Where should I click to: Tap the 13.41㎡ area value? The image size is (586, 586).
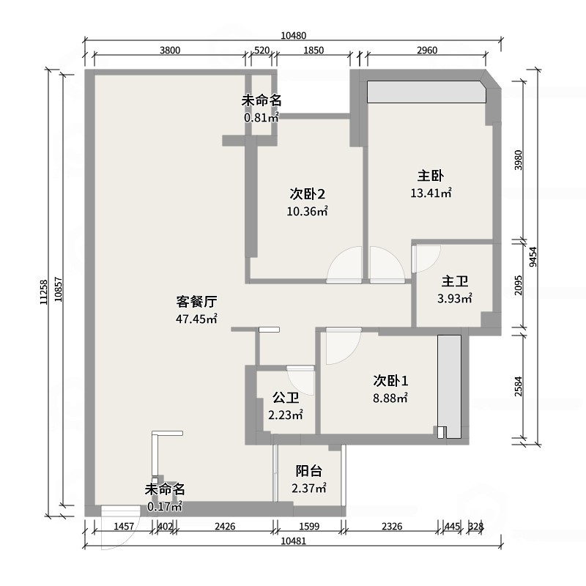pos(431,194)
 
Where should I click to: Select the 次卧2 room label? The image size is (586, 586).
pos(307,194)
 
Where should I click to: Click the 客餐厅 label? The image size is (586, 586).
pos(196,301)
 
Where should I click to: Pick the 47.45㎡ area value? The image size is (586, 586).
pos(196,319)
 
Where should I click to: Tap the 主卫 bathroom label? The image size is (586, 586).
pos(455,281)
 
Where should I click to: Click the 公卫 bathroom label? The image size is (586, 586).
pos(286,398)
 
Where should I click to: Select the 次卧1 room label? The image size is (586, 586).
pos(390,381)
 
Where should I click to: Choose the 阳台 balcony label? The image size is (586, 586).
pos(309,471)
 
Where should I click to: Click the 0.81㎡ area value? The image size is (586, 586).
pos(262,116)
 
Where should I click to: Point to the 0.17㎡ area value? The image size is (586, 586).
pos(164,506)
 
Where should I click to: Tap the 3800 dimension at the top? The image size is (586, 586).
pos(169,51)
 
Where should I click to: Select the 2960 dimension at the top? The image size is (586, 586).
pos(426,51)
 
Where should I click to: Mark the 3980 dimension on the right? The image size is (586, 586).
pos(519,159)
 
